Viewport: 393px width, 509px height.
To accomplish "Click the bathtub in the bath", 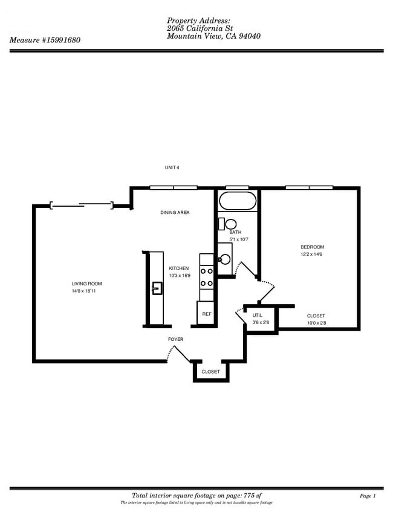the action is pyautogui.click(x=238, y=201).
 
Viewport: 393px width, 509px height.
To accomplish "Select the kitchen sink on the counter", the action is pyautogui.click(x=157, y=288).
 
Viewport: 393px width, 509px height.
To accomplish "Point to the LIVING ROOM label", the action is pyautogui.click(x=86, y=284).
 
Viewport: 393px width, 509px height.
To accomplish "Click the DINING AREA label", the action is pyautogui.click(x=175, y=213).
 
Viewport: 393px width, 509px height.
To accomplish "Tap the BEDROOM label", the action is pyautogui.click(x=312, y=247).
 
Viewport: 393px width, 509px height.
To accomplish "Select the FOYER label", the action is pyautogui.click(x=176, y=339).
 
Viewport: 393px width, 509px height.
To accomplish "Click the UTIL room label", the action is pyautogui.click(x=257, y=315).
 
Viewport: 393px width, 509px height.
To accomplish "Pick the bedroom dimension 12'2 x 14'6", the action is pyautogui.click(x=311, y=254).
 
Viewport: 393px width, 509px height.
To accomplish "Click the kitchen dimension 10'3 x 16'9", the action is pyautogui.click(x=180, y=276).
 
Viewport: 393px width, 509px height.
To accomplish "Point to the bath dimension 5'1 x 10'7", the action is pyautogui.click(x=239, y=239).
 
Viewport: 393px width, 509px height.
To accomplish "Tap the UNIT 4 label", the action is pyautogui.click(x=172, y=167).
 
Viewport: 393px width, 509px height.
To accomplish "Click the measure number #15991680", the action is pyautogui.click(x=60, y=40).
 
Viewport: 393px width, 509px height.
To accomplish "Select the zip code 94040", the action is pyautogui.click(x=250, y=36).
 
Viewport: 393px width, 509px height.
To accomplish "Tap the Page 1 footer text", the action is pyautogui.click(x=368, y=496).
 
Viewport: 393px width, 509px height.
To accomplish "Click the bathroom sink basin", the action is pyautogui.click(x=224, y=259).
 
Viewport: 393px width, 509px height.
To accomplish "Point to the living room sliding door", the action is pyautogui.click(x=82, y=205).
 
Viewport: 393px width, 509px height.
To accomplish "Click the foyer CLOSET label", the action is pyautogui.click(x=211, y=372).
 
